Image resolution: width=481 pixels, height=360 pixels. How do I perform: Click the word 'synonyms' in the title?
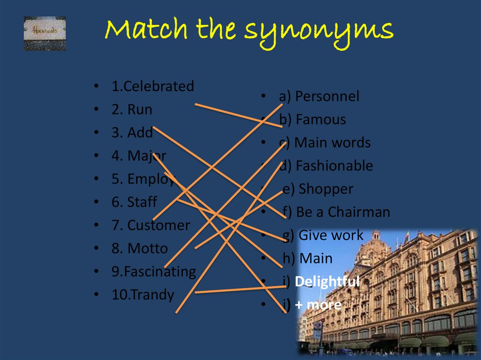click(318, 31)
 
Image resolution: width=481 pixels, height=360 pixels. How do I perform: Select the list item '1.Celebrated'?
click(153, 86)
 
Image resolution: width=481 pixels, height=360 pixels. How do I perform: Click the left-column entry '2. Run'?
click(132, 109)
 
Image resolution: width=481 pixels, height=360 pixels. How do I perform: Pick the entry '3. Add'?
click(132, 133)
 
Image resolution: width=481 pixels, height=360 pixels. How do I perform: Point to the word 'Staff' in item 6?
click(142, 202)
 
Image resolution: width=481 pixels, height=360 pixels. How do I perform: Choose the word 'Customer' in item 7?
click(158, 225)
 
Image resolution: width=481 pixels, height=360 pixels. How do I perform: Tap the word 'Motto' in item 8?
click(147, 248)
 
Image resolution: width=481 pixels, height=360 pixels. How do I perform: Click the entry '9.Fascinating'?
click(154, 272)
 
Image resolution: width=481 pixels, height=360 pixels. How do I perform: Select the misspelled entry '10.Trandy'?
click(143, 295)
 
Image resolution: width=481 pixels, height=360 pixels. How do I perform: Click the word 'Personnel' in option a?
click(327, 96)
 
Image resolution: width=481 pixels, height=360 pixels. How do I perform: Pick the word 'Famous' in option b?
click(321, 120)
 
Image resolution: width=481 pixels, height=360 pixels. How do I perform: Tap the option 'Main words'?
click(332, 143)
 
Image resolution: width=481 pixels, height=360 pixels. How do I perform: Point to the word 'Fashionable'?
click(334, 166)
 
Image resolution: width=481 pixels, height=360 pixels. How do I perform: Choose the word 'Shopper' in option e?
click(326, 189)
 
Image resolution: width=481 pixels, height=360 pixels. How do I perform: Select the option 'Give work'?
click(331, 235)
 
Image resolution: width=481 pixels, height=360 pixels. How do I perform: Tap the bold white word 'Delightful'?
click(327, 282)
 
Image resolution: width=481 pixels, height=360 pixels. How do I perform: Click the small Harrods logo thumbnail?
click(45, 33)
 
